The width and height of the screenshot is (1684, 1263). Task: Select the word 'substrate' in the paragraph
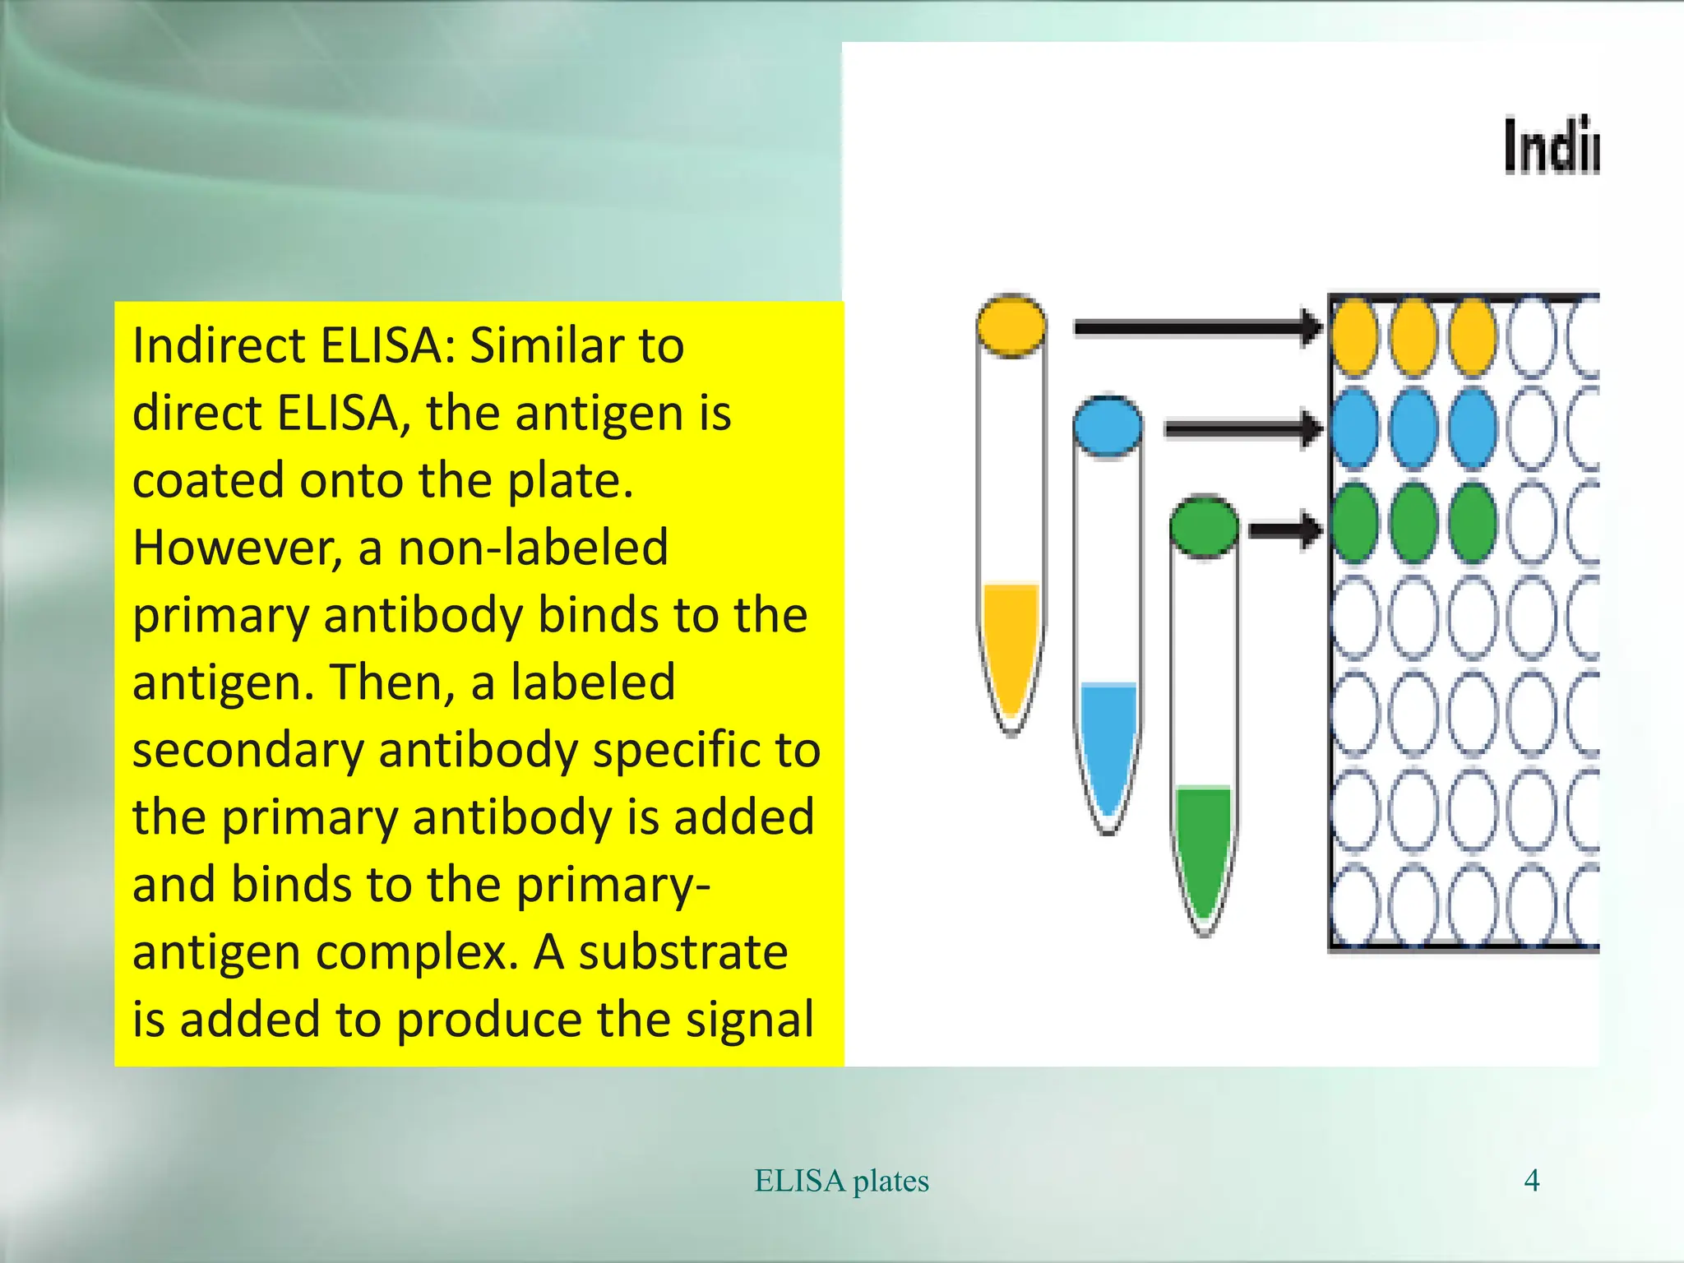point(682,952)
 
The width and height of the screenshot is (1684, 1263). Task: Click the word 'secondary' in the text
point(248,750)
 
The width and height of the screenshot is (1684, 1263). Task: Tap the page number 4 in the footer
point(1531,1181)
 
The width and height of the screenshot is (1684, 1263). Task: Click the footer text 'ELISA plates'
point(842,1181)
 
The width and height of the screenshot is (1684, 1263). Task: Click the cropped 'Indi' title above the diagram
point(1551,146)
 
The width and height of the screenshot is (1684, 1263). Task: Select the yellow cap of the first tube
point(1011,326)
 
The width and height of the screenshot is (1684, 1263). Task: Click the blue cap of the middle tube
point(1108,426)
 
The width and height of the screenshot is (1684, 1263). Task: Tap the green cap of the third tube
point(1204,526)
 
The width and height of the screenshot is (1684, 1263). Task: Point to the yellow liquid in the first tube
point(1011,641)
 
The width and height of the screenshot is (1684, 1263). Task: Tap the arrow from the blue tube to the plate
point(1242,428)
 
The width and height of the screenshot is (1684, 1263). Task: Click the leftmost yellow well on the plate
point(1354,337)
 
